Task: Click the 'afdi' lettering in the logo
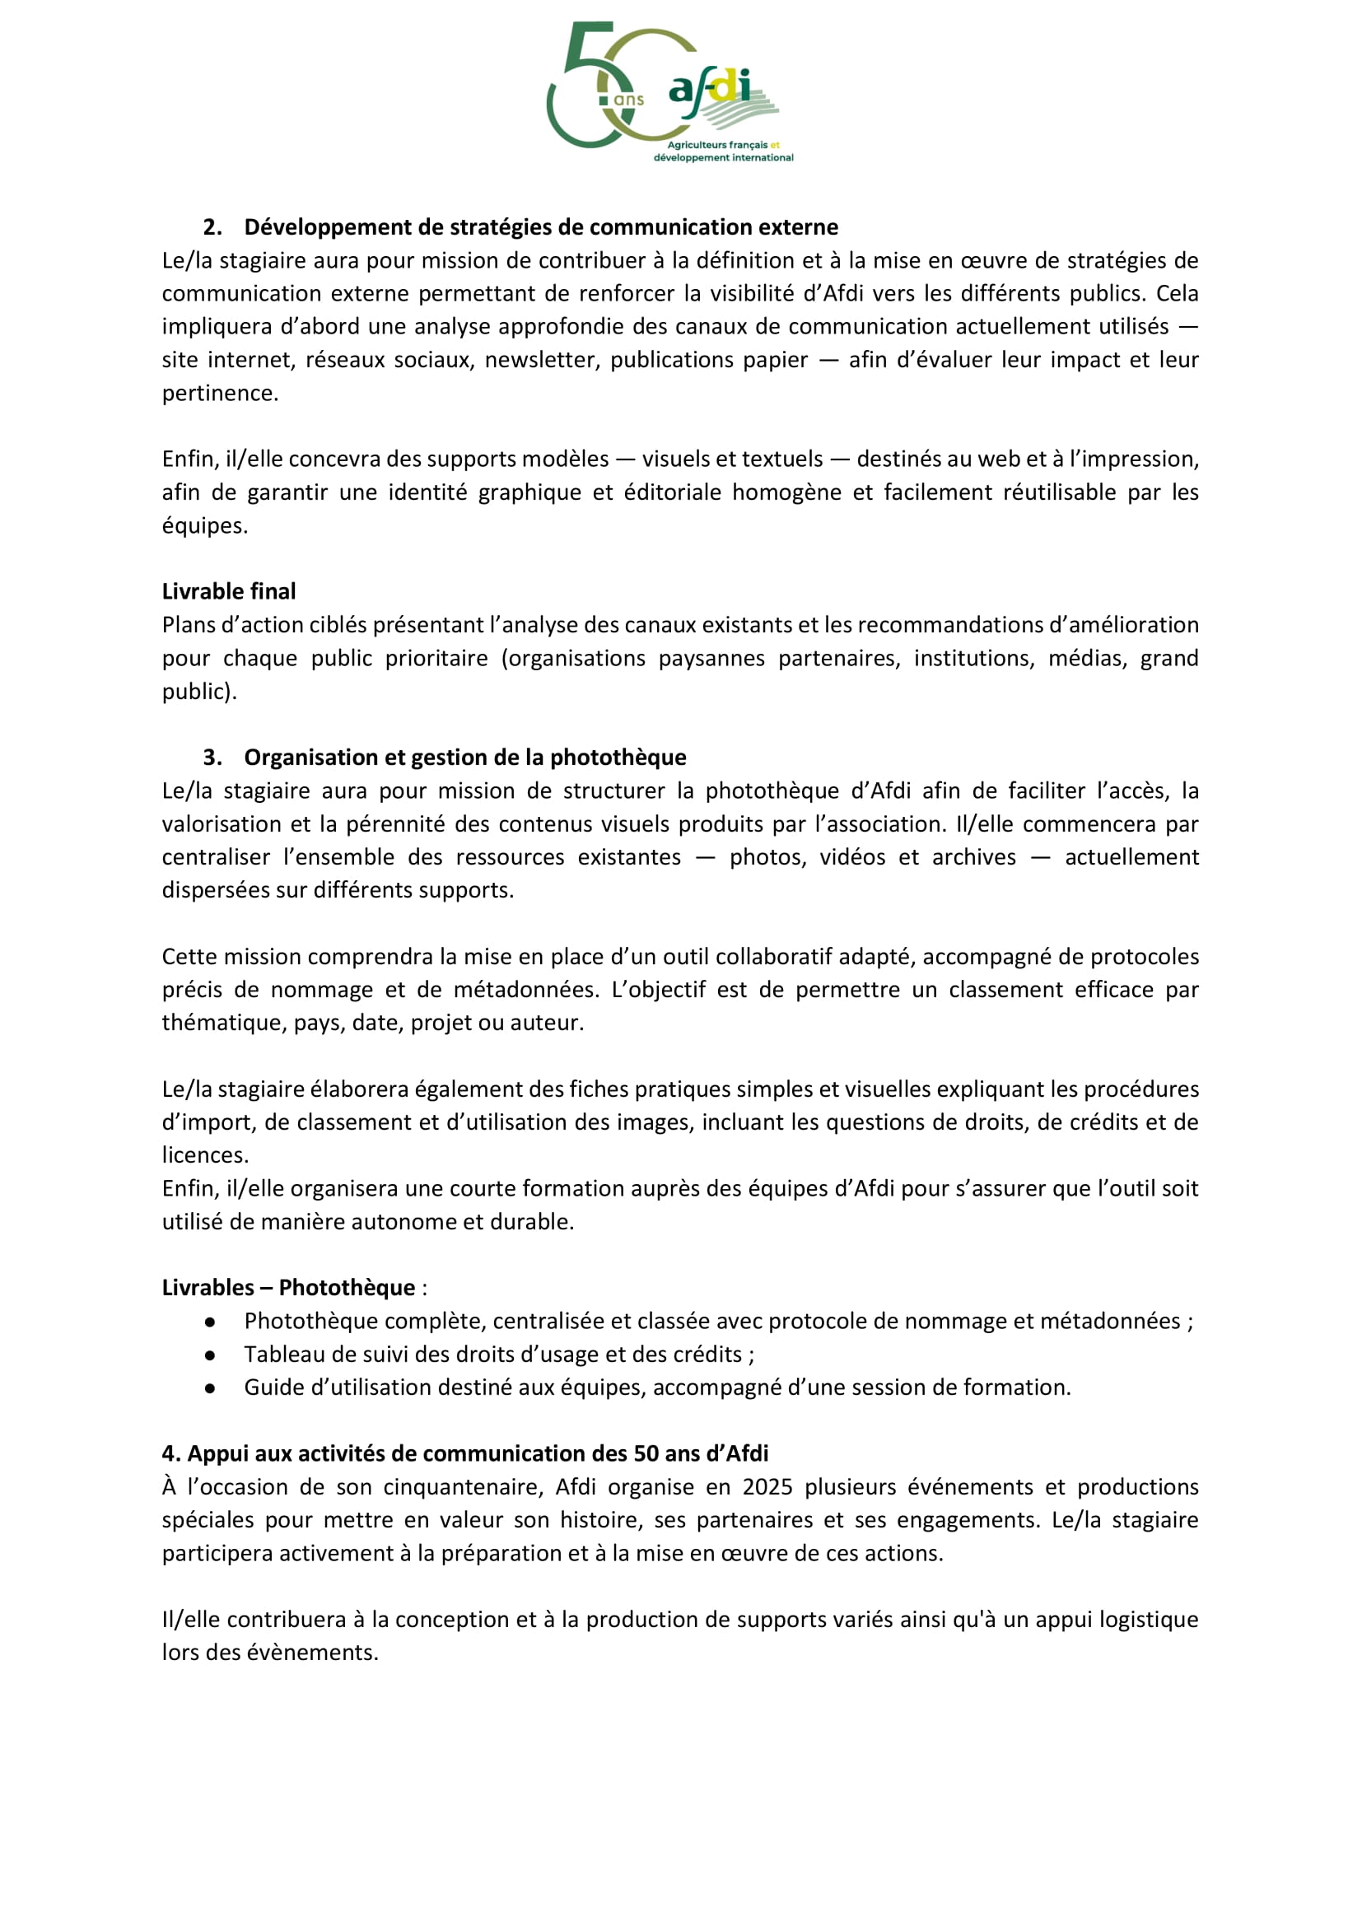(710, 87)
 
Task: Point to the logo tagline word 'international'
(763, 158)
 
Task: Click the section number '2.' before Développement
(212, 227)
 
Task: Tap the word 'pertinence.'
(220, 393)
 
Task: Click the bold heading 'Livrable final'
(228, 591)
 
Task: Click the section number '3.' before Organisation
(212, 758)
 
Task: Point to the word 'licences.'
(205, 1155)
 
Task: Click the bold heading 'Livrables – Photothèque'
(288, 1288)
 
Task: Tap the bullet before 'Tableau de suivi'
(210, 1355)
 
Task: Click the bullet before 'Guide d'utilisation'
(210, 1388)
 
